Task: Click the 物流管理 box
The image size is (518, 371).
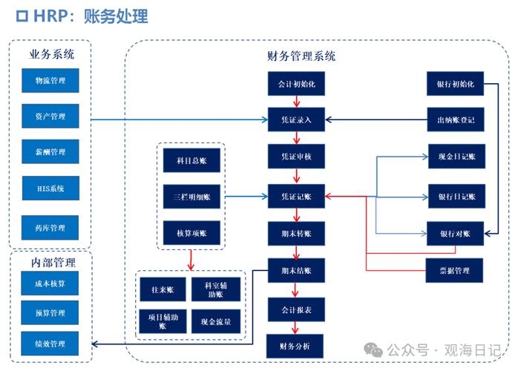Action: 50,80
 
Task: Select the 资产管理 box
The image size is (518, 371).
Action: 50,116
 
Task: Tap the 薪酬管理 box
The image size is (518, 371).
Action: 50,152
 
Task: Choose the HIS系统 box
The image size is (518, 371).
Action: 50,188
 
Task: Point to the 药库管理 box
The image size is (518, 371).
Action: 50,228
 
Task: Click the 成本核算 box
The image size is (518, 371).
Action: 50,283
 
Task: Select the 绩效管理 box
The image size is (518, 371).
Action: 50,344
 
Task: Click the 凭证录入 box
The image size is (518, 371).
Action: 296,119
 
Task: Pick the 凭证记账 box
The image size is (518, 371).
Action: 296,197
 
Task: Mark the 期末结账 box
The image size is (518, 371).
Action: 296,270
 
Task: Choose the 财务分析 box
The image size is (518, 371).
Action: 296,346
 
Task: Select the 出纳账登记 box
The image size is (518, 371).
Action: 455,119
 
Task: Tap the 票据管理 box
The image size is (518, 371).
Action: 455,270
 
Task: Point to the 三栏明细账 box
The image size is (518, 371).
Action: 191,197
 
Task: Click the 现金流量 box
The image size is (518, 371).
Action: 216,321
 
